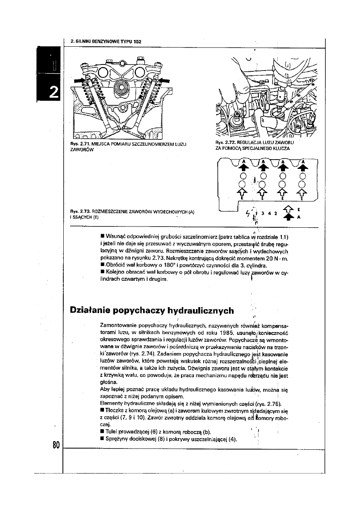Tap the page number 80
click(56, 445)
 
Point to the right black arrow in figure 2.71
click(164, 81)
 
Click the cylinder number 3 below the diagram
click(262, 214)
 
